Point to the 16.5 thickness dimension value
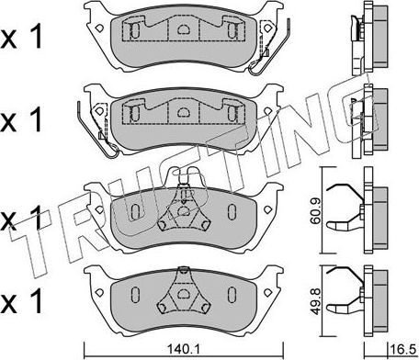point(400,349)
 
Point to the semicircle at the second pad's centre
point(183,115)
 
